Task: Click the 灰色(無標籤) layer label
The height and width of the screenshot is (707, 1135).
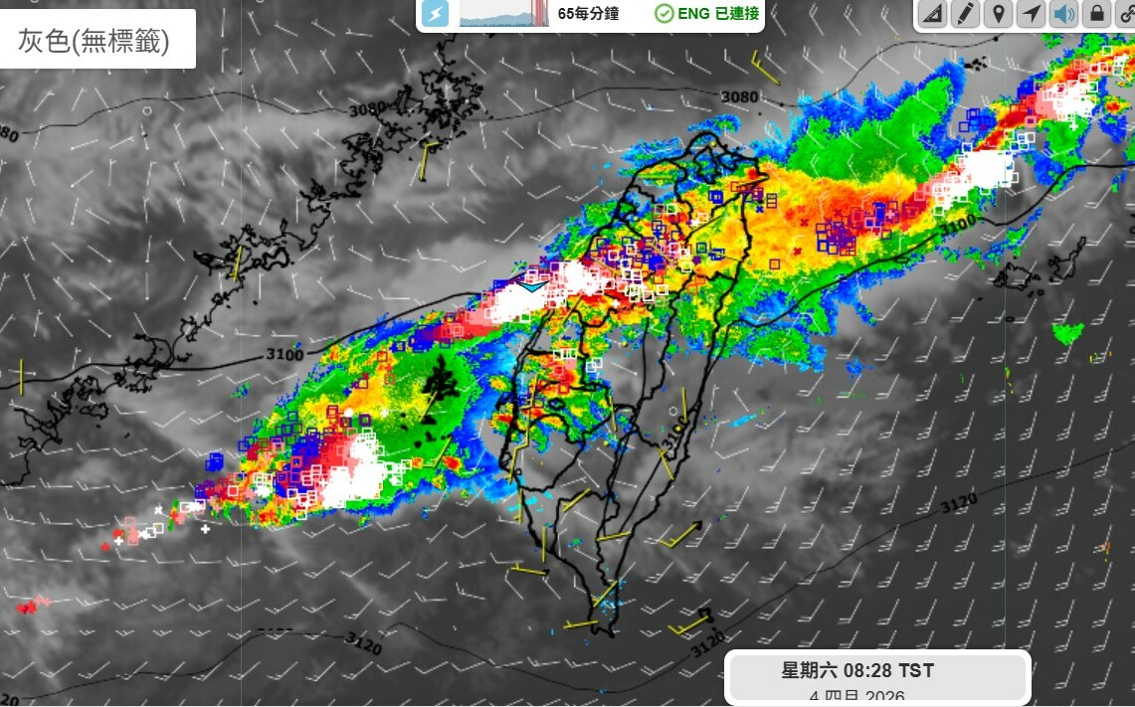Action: (95, 40)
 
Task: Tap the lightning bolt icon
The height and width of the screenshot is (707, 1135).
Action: (435, 14)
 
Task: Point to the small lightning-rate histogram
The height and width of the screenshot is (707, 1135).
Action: (503, 13)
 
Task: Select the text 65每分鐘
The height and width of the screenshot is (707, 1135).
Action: (589, 14)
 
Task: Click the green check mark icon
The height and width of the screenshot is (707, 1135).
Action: (663, 14)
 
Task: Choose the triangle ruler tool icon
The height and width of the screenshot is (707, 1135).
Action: (932, 14)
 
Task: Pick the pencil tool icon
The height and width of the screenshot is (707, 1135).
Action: (965, 14)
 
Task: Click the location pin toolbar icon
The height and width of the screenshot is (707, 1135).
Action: (998, 14)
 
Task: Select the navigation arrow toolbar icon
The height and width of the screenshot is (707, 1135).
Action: (1032, 14)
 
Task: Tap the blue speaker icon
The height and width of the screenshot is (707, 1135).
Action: (1064, 14)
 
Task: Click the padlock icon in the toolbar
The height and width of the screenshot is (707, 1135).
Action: (1096, 14)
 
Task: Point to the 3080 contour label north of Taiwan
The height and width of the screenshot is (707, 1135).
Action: (739, 97)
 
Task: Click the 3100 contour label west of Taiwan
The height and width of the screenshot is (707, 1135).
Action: (284, 354)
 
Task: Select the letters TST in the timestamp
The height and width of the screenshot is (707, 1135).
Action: (916, 671)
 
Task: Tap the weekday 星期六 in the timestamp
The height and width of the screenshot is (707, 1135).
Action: (807, 671)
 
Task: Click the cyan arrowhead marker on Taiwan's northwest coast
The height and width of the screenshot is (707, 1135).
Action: (532, 286)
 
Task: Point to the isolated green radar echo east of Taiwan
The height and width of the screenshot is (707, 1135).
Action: (1068, 333)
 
